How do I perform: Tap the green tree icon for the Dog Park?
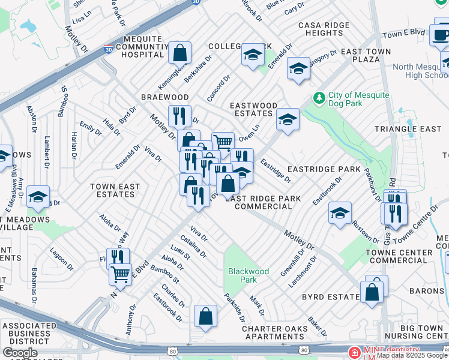click(319, 97)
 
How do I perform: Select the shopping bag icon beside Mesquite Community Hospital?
click(179, 53)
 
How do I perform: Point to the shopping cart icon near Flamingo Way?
click(120, 274)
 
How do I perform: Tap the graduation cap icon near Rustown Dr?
click(340, 213)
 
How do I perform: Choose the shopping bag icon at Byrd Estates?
click(372, 292)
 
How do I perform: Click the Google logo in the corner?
click(20, 353)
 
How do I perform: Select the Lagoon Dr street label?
click(61, 259)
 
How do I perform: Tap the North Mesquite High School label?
click(420, 71)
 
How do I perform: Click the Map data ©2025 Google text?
click(412, 355)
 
